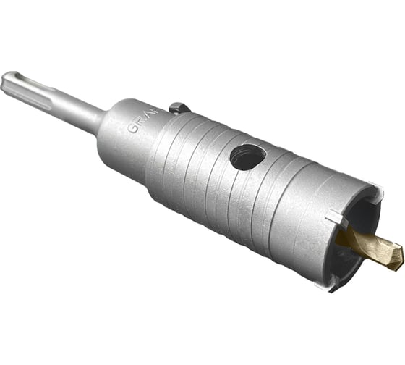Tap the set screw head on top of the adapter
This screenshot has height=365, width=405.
[179, 108]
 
